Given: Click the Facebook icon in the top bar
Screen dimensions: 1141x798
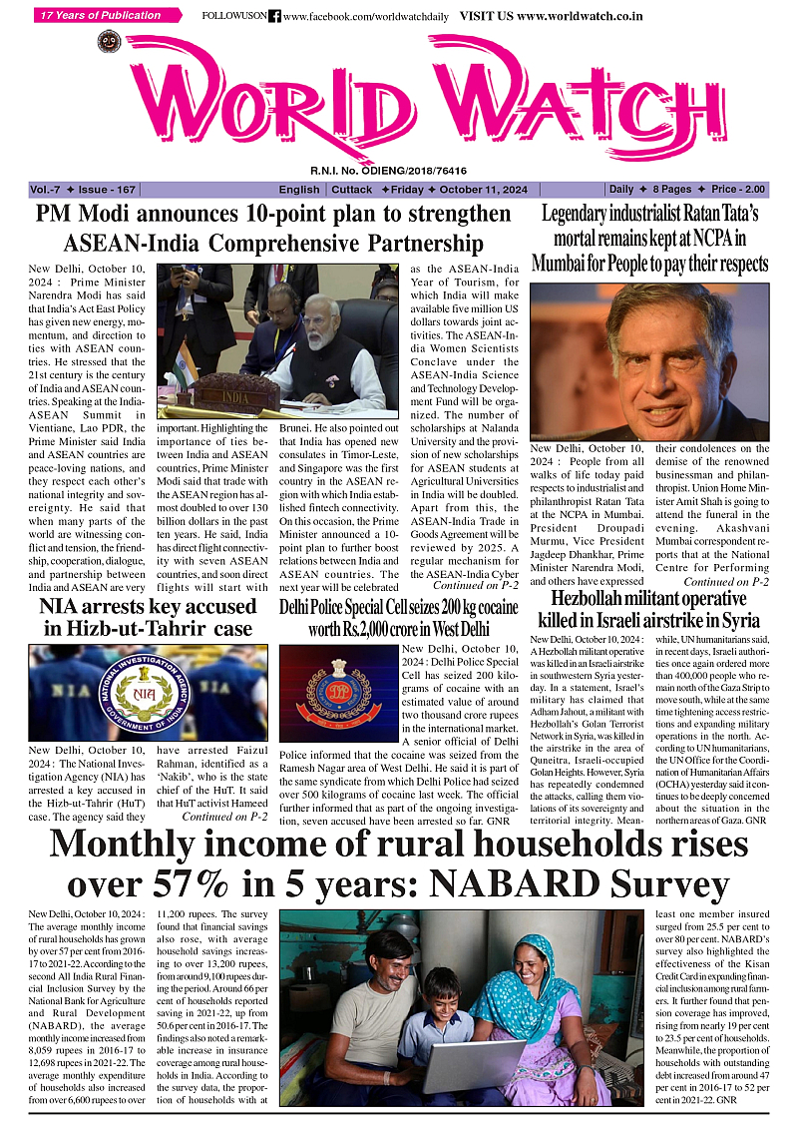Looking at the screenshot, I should (x=275, y=17).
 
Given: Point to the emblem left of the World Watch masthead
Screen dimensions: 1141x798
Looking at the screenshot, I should (x=109, y=44).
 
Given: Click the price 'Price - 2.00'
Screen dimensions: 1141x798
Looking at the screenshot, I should (x=738, y=190).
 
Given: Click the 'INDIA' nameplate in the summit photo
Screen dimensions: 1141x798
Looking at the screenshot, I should (x=236, y=396).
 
